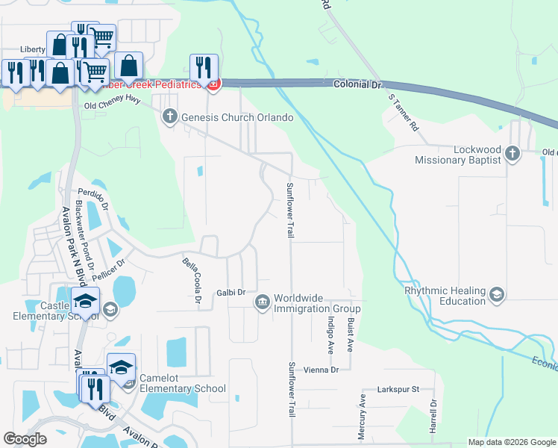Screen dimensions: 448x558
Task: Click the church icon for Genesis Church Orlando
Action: (170, 116)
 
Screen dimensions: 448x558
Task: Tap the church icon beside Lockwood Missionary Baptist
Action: (512, 154)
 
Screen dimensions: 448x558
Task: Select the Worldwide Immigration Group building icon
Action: (263, 302)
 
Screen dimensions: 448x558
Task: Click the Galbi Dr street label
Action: (231, 293)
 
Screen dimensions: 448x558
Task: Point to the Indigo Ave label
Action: (329, 333)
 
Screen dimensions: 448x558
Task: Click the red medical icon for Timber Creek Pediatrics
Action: (213, 85)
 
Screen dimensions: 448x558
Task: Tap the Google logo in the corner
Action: (25, 439)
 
